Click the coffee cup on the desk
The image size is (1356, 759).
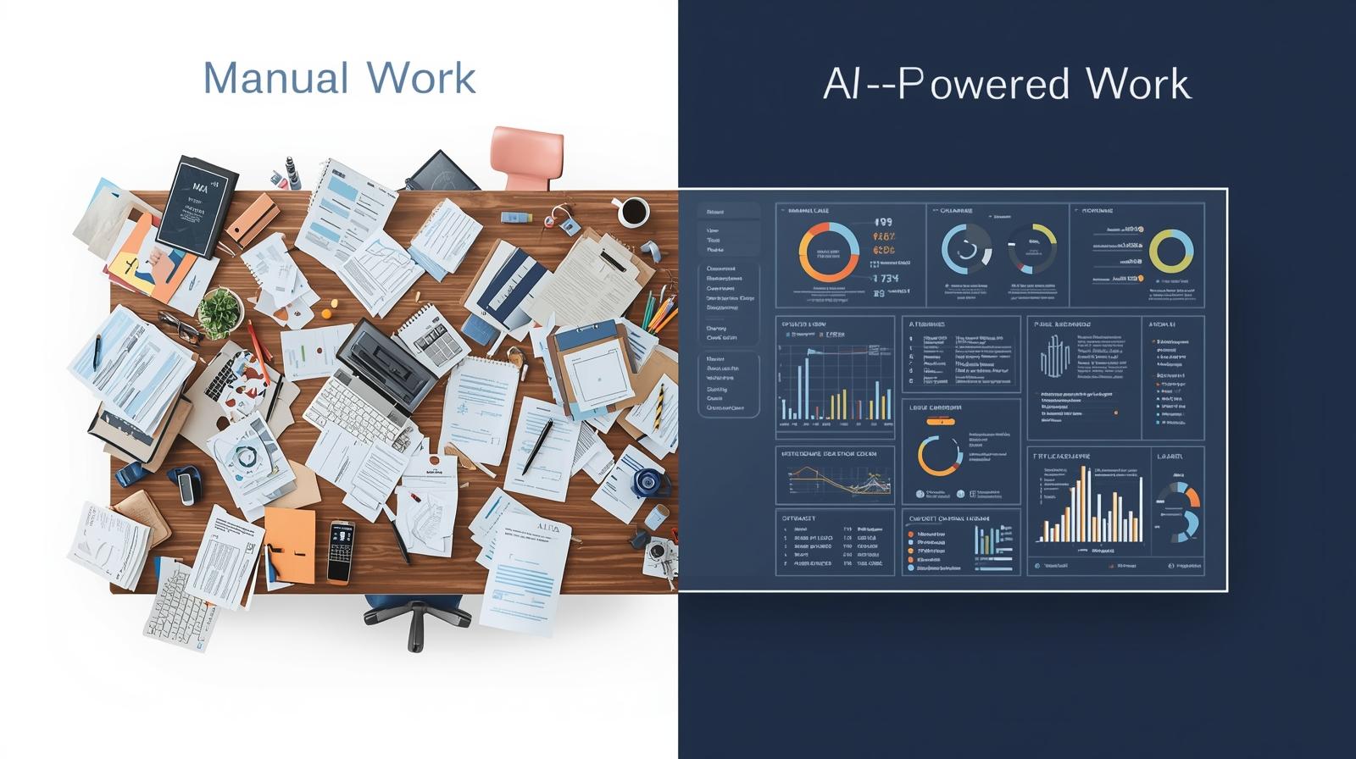[x=632, y=212]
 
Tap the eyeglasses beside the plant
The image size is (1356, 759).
[x=179, y=327]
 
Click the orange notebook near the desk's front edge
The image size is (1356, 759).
[x=289, y=545]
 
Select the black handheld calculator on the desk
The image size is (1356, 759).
[x=340, y=551]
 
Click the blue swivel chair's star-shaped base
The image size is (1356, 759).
[x=415, y=621]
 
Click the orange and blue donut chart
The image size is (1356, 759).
[x=828, y=252]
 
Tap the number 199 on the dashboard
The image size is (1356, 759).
[x=884, y=223]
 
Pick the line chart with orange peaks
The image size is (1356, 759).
[x=835, y=483]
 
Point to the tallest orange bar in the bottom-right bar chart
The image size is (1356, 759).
[x=1081, y=500]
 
